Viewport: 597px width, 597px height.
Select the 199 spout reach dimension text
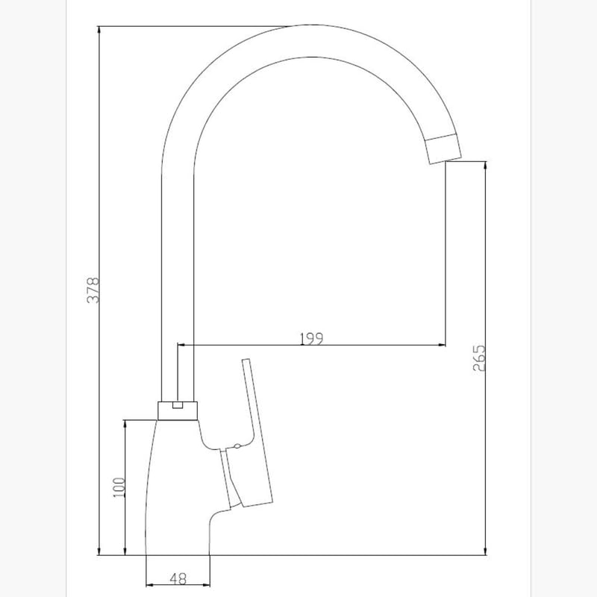310,338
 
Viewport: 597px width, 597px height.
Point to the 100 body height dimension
117,489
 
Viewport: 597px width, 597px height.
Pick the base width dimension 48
178,578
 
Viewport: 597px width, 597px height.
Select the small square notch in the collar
178,406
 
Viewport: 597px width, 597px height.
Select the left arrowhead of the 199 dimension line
181,346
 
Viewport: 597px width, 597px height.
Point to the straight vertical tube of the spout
178,284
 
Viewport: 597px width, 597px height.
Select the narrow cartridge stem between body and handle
228,478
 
